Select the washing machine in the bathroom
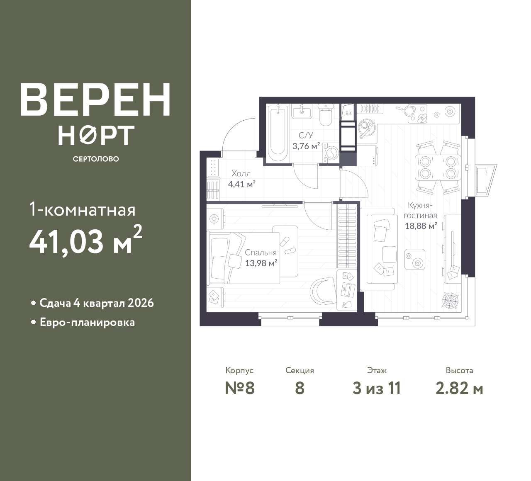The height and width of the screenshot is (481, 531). (x=331, y=153)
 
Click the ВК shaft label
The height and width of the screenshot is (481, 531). (x=348, y=113)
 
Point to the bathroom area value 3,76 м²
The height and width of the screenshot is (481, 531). (x=306, y=146)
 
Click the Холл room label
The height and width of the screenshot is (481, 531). (x=241, y=174)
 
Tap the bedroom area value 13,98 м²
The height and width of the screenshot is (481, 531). (x=261, y=263)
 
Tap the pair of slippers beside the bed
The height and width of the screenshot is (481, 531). (x=287, y=246)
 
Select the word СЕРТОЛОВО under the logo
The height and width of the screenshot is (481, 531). (x=96, y=159)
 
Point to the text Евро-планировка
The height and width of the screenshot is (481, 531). (x=88, y=323)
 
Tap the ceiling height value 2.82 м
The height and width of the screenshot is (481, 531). (x=459, y=389)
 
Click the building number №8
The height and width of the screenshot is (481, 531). (x=239, y=389)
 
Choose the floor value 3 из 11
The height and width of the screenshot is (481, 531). (x=377, y=389)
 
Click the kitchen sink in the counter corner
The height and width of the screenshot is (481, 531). (x=367, y=128)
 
